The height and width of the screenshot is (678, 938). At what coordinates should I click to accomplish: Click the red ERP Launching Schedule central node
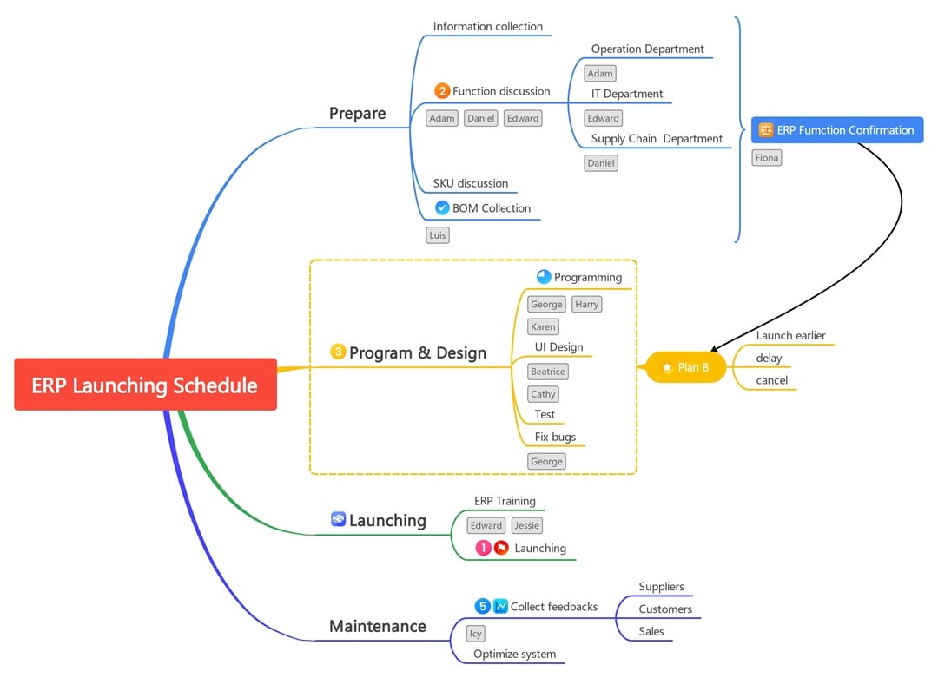pyautogui.click(x=145, y=385)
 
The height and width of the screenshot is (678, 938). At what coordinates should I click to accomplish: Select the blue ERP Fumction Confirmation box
pyautogui.click(x=836, y=130)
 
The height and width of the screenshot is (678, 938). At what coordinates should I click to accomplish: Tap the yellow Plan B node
pyautogui.click(x=685, y=367)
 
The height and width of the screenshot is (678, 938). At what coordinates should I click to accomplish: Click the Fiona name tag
pyautogui.click(x=766, y=158)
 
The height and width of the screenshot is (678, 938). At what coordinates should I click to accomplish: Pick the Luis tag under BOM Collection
pyautogui.click(x=438, y=235)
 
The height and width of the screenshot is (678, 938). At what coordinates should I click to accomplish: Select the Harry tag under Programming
pyautogui.click(x=586, y=304)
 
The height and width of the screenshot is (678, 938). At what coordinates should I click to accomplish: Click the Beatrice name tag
pyautogui.click(x=547, y=372)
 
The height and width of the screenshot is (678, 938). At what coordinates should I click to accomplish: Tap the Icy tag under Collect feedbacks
pyautogui.click(x=475, y=634)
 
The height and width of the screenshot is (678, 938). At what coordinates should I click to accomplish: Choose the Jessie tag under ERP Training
pyautogui.click(x=526, y=525)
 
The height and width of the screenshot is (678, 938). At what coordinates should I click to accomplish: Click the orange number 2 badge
pyautogui.click(x=442, y=91)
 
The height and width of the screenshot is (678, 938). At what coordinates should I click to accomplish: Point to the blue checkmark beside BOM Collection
pyautogui.click(x=442, y=208)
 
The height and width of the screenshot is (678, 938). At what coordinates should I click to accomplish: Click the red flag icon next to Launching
pyautogui.click(x=501, y=548)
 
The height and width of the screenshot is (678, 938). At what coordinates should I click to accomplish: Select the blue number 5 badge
pyautogui.click(x=483, y=606)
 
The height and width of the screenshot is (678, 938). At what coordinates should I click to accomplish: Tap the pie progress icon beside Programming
pyautogui.click(x=544, y=277)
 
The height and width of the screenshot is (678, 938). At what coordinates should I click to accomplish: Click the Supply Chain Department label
pyautogui.click(x=657, y=139)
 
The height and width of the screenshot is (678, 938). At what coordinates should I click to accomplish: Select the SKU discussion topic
pyautogui.click(x=471, y=183)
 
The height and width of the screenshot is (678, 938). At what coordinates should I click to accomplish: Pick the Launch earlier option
pyautogui.click(x=790, y=335)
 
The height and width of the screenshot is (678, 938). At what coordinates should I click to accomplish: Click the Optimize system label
pyautogui.click(x=514, y=654)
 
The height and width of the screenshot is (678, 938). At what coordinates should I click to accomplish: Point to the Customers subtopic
pyautogui.click(x=665, y=609)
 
